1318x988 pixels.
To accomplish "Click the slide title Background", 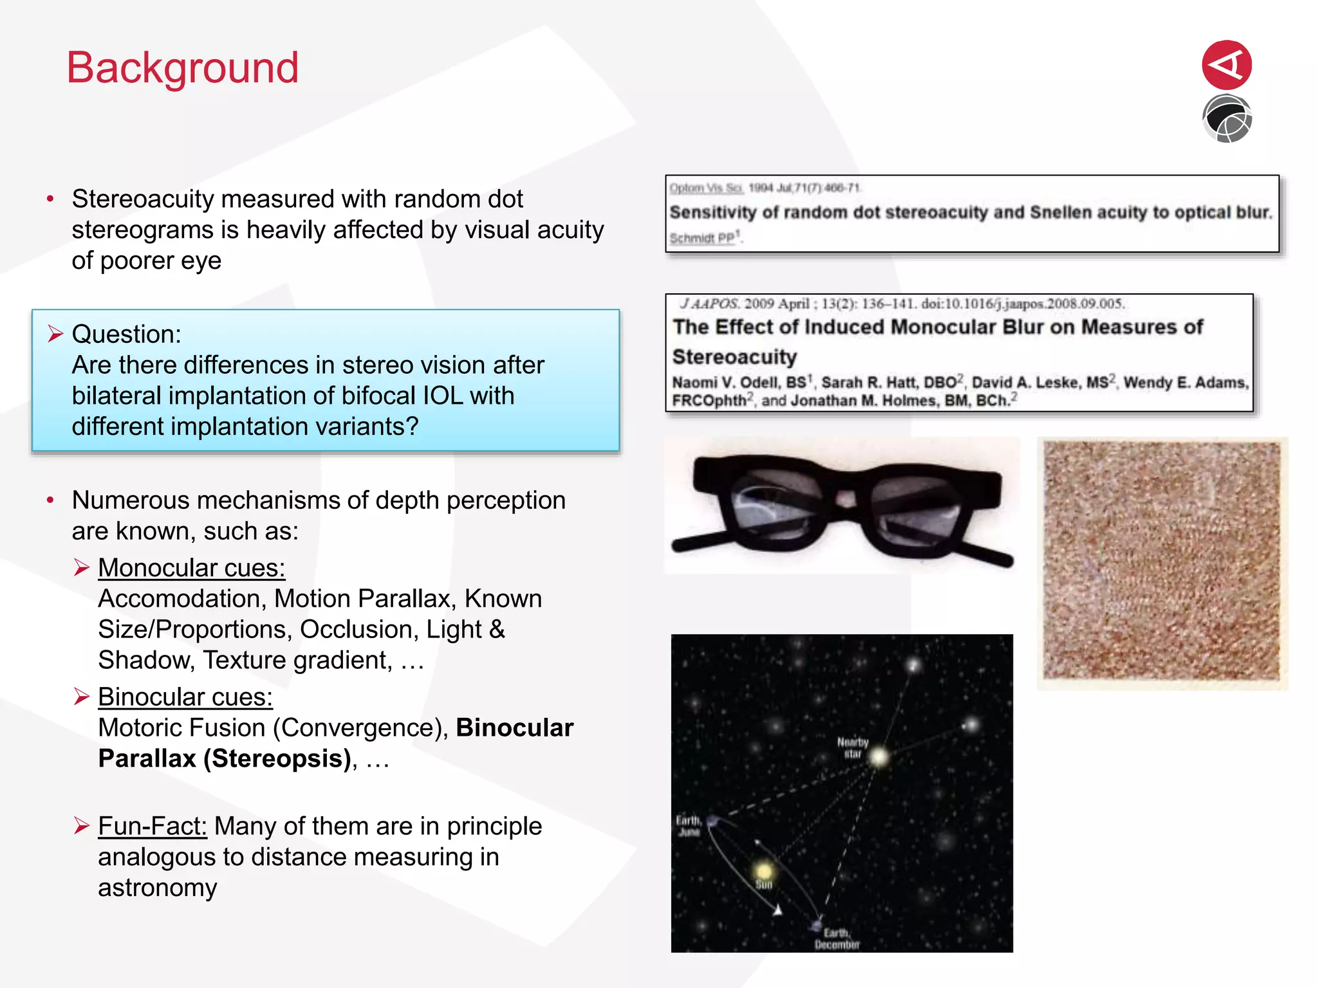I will (x=183, y=68).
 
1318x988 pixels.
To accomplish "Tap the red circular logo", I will (x=1227, y=65).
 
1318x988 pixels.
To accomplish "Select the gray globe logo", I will (x=1227, y=119).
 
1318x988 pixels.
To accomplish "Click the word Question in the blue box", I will (x=125, y=334).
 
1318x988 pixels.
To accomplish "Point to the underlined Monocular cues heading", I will (x=191, y=568).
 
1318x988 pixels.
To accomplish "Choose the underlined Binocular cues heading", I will (x=185, y=697).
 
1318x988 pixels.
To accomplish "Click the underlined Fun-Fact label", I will (x=153, y=827).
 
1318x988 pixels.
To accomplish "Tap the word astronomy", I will (x=158, y=888).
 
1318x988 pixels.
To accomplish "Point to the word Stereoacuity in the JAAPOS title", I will (x=734, y=357).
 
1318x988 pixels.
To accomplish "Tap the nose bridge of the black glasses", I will (x=846, y=499).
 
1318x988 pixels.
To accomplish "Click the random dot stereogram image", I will (x=1162, y=562).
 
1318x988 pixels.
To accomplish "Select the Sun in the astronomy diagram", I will (x=764, y=871).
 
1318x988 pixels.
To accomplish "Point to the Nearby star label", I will (x=853, y=747).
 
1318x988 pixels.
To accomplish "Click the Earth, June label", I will (x=688, y=826).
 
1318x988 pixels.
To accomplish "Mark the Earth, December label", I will (x=837, y=938).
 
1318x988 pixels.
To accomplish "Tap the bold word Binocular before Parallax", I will (x=514, y=728).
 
